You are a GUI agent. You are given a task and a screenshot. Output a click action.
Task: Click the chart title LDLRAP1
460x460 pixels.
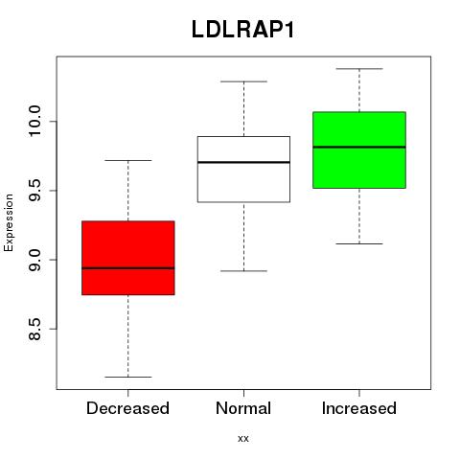click(242, 30)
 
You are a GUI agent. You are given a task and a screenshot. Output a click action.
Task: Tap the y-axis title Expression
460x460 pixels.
click(9, 222)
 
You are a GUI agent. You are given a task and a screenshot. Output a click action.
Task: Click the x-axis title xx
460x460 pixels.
click(243, 439)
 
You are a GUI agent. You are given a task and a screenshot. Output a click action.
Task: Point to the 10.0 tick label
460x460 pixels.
click(34, 122)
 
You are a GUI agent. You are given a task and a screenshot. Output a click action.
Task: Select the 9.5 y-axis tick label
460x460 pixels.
click(34, 191)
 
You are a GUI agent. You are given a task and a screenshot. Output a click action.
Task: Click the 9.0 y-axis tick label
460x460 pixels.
click(34, 260)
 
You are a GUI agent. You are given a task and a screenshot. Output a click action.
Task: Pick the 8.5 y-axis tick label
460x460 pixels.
click(34, 329)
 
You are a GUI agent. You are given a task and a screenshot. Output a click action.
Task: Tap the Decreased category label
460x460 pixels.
click(127, 408)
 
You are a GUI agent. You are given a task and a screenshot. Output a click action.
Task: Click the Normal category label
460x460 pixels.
click(243, 408)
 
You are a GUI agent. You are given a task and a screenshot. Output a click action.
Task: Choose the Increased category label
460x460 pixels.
click(359, 408)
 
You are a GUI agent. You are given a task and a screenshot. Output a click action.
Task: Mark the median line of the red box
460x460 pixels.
click(128, 268)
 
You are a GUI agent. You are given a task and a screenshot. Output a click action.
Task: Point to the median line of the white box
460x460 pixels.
click(243, 162)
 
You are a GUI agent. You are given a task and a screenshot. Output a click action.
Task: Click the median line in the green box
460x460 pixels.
click(359, 147)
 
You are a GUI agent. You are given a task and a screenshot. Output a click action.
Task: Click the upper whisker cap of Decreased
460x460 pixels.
click(128, 160)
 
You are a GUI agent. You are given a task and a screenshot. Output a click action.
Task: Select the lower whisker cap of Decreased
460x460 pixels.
click(128, 377)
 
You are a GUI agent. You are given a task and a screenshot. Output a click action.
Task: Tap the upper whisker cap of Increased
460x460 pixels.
click(359, 69)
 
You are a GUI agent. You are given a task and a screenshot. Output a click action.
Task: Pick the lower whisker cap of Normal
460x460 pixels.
click(243, 271)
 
